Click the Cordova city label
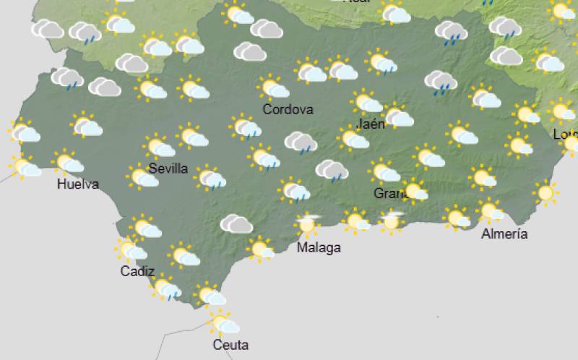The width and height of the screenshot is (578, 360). tap(288, 110)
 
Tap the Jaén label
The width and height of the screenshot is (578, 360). tap(371, 124)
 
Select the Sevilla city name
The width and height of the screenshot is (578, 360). tap(168, 169)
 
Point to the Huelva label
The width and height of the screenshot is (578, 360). tap(77, 184)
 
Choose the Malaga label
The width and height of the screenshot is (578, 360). tap(319, 248)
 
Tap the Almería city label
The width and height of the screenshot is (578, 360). tap(504, 233)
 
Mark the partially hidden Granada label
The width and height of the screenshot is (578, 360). tap(387, 194)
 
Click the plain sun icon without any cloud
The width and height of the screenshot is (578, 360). tap(545, 192)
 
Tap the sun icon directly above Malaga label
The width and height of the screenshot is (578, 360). tap(308, 224)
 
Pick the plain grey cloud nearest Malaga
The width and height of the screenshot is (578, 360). tap(236, 224)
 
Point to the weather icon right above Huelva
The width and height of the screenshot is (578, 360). tap(68, 163)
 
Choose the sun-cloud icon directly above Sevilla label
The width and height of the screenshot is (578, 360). tap(159, 147)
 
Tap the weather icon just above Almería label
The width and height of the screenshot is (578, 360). tap(491, 212)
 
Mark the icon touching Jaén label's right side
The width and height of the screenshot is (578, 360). tap(397, 116)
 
